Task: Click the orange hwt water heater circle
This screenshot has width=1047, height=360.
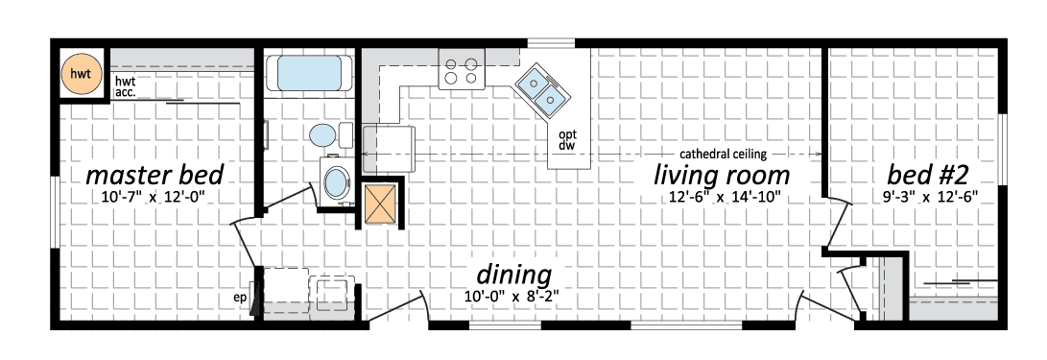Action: (x=80, y=73)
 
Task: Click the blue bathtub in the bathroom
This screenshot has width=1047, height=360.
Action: (x=308, y=73)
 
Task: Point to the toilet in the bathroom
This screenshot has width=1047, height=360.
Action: (x=331, y=135)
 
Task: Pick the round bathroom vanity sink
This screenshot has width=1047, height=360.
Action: (x=336, y=180)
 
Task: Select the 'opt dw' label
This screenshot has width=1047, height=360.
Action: (x=567, y=139)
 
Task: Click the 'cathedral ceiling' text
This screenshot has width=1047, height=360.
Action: (x=724, y=154)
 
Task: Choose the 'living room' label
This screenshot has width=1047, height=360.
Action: (x=721, y=176)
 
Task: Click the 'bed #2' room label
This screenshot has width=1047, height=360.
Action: (x=927, y=175)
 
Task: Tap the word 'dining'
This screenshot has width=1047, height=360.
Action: (x=513, y=275)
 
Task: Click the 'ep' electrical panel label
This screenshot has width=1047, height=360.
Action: (x=240, y=299)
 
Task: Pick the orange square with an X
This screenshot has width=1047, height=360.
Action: (x=380, y=204)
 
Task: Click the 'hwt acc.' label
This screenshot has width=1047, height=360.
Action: (x=126, y=86)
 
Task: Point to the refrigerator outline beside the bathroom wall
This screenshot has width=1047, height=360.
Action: (x=390, y=148)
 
